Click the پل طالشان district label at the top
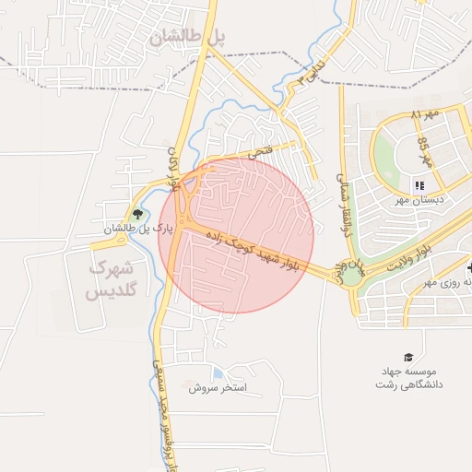pyautogui.click(x=186, y=38)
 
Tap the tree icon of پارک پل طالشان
pyautogui.click(x=138, y=216)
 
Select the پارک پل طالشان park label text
pyautogui.click(x=138, y=229)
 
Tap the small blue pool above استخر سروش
pyautogui.click(x=217, y=374)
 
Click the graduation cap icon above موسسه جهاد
pyautogui.click(x=407, y=357)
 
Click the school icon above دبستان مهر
pyautogui.click(x=419, y=185)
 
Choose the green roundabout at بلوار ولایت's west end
pyautogui.click(x=351, y=273)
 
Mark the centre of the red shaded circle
pyautogui.click(x=237, y=235)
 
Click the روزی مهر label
pyautogui.click(x=442, y=283)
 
